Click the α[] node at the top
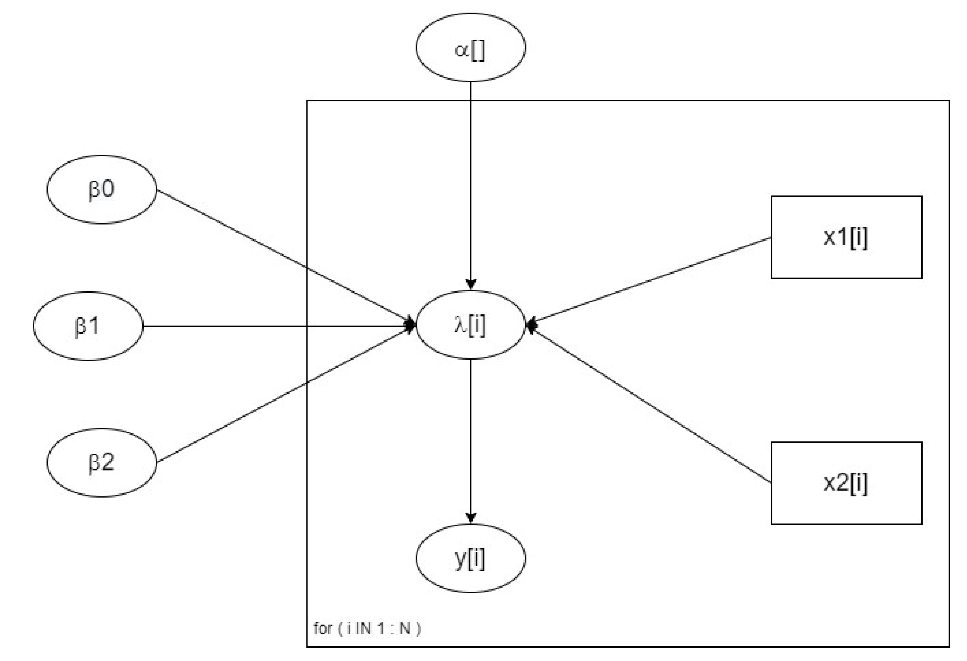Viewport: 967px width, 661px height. point(470,47)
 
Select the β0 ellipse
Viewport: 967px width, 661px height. point(101,189)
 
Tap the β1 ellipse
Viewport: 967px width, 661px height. point(88,326)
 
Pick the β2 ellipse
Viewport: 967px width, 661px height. point(101,462)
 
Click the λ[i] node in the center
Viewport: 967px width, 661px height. point(470,324)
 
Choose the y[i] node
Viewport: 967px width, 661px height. point(470,558)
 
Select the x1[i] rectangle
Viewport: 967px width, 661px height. point(846,237)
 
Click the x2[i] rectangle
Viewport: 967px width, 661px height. point(846,483)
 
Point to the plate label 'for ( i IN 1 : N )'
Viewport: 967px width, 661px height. point(367,628)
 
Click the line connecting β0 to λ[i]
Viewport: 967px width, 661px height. point(283,256)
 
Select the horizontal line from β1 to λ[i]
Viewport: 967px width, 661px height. point(275,326)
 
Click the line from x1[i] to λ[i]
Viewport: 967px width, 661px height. point(649,281)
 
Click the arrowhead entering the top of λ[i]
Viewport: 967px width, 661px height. point(471,285)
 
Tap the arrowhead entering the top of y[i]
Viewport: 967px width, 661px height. point(471,518)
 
